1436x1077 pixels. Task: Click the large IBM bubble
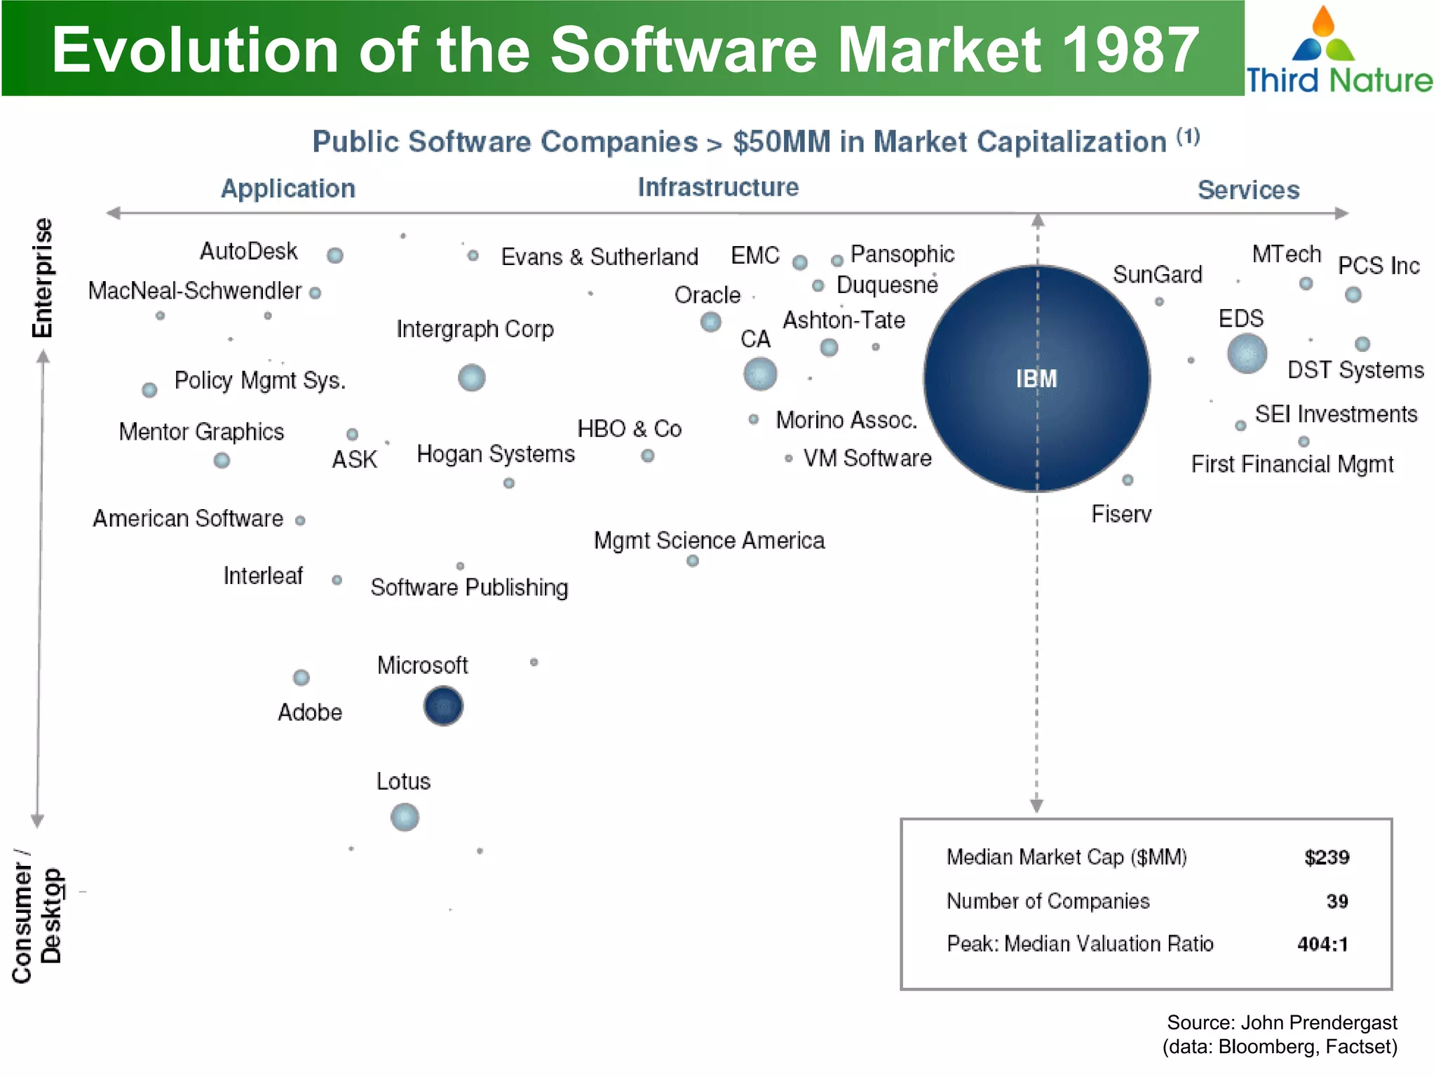point(1036,379)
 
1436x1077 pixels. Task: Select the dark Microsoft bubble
point(443,705)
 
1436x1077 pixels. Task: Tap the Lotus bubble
point(405,817)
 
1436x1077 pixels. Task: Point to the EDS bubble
point(1247,353)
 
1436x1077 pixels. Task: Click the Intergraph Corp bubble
point(472,378)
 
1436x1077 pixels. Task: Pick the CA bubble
point(760,374)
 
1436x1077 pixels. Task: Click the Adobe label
point(310,712)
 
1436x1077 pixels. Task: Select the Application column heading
point(288,189)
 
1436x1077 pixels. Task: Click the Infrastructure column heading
point(718,187)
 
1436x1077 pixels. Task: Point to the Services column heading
point(1248,190)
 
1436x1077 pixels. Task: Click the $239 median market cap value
point(1327,857)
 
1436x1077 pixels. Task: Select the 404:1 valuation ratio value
point(1322,944)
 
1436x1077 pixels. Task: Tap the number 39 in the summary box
point(1336,901)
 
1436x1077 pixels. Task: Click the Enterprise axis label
point(43,278)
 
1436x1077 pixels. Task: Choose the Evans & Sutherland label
point(600,257)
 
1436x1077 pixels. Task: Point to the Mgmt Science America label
point(709,541)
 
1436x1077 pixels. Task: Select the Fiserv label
point(1121,514)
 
